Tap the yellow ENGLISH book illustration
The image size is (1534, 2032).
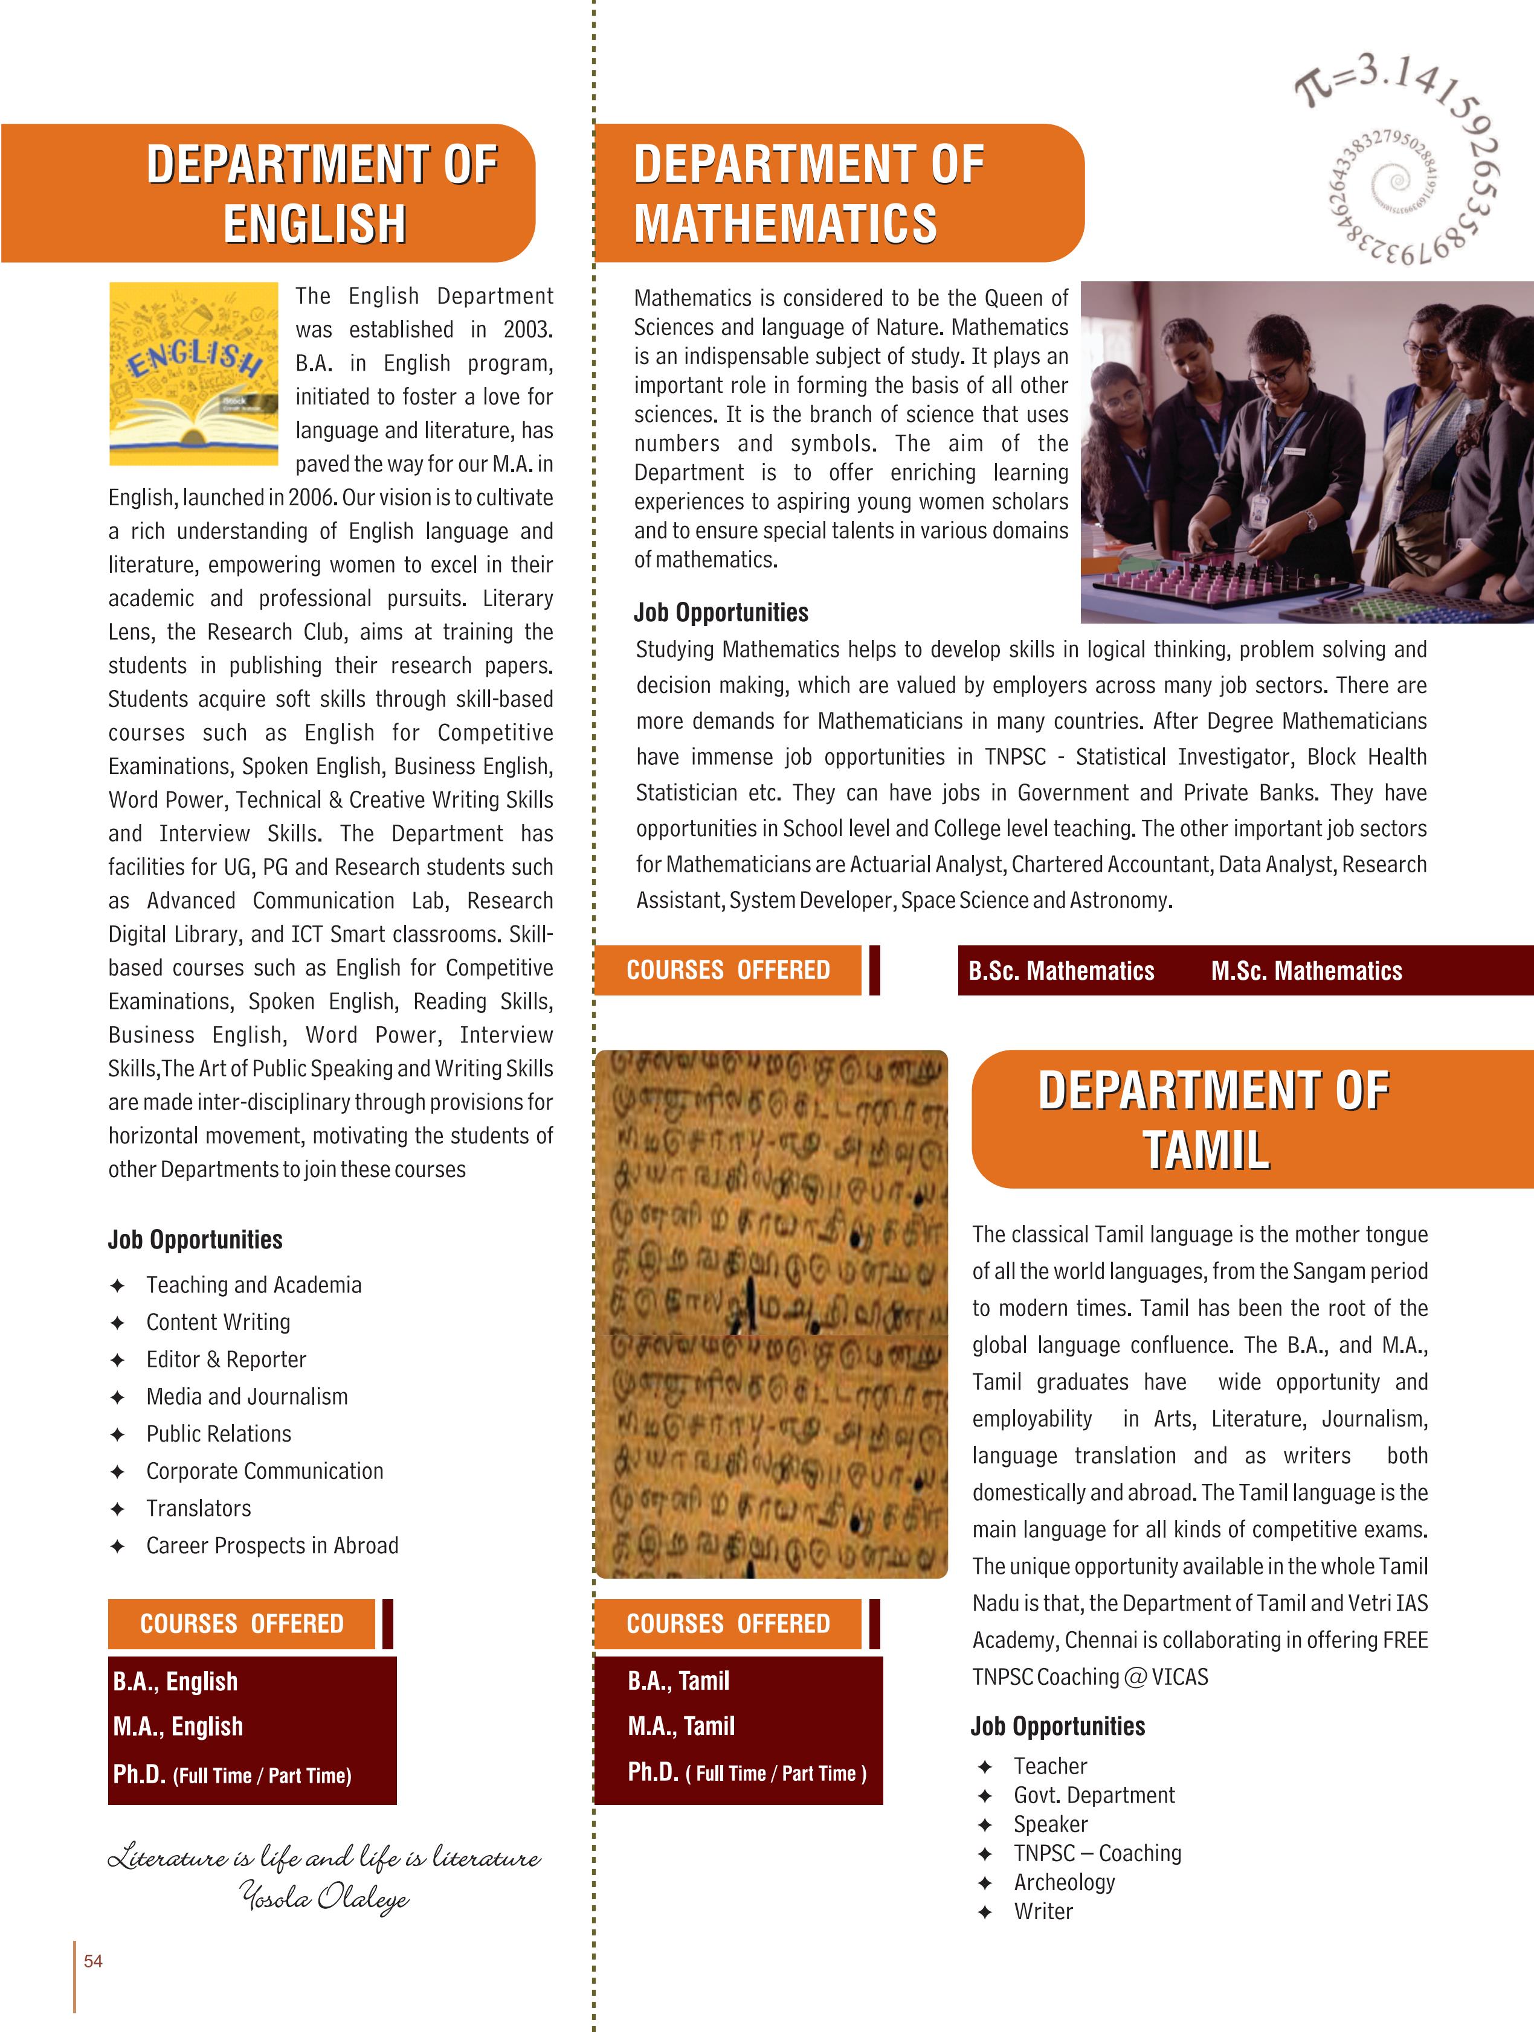point(193,373)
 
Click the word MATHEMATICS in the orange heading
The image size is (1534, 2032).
point(786,224)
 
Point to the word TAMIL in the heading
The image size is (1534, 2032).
point(1207,1150)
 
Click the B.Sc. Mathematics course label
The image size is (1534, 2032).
point(1061,971)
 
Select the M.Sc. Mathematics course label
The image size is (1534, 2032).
point(1306,971)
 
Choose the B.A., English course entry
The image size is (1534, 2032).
point(176,1681)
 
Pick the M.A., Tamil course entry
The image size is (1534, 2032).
point(681,1726)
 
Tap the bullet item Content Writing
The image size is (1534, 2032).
point(218,1322)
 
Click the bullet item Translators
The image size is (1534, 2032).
point(199,1509)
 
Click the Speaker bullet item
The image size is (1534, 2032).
point(1051,1824)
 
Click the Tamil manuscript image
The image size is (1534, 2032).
point(771,1314)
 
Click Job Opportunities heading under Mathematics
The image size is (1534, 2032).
point(721,613)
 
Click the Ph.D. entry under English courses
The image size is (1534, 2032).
point(231,1775)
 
